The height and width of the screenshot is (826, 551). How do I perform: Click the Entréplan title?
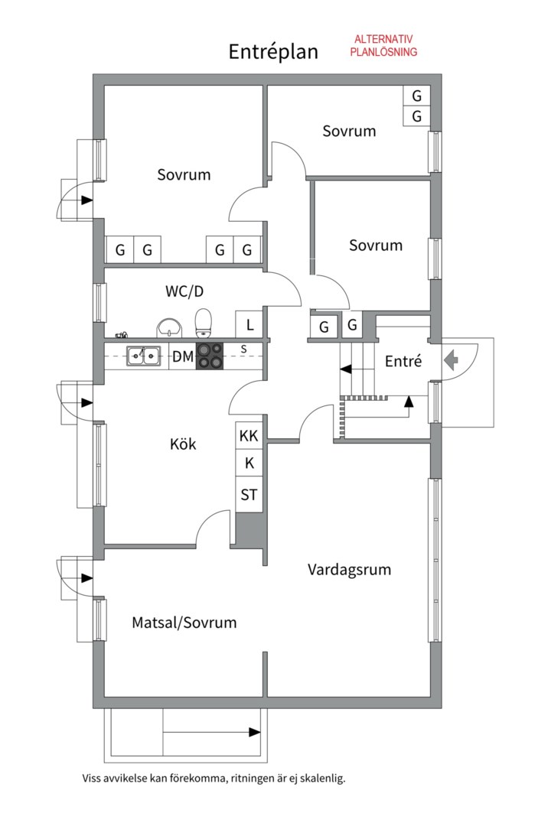point(273,52)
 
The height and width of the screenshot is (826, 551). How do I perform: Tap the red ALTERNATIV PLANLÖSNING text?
point(384,45)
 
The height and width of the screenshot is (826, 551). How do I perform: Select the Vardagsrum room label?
point(350,570)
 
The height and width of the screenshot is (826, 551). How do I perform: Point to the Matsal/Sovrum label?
point(184,623)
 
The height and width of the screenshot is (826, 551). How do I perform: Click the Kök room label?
point(183,444)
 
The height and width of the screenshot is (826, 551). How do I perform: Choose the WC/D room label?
point(184,291)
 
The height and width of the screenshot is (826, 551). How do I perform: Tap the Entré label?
point(403,361)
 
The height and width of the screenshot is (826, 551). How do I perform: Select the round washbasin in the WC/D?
point(169,327)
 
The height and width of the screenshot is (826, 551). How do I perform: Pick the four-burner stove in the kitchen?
point(210,356)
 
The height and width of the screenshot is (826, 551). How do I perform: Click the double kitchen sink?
point(143,356)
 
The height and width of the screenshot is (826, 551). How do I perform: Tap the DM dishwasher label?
point(183,356)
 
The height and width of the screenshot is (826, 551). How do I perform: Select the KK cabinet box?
point(249,436)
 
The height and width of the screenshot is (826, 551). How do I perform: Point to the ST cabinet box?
point(249,495)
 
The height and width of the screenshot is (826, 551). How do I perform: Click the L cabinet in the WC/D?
point(249,324)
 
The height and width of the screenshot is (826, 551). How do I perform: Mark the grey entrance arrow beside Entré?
point(452,360)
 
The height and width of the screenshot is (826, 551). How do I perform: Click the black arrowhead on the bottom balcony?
point(255,732)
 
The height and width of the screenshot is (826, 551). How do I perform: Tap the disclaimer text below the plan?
point(214,778)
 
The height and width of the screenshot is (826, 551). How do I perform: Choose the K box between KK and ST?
point(249,463)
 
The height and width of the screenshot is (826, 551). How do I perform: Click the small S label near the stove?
point(243,349)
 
